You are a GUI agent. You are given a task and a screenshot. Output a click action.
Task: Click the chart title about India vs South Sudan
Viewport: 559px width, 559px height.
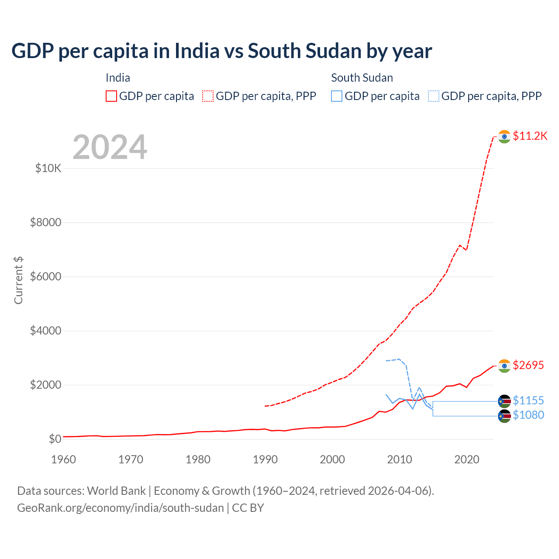(x=221, y=51)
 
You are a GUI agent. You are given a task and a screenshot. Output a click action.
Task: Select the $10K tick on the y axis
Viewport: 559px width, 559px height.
(x=48, y=168)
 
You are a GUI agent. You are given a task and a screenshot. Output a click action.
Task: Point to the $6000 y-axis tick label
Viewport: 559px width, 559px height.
(x=45, y=276)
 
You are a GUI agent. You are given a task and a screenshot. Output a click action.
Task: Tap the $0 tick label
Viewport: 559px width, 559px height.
(x=55, y=439)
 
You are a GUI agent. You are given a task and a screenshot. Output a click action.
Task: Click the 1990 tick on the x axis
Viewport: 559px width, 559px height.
(x=265, y=459)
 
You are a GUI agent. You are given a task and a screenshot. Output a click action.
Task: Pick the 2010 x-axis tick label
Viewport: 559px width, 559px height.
(x=400, y=459)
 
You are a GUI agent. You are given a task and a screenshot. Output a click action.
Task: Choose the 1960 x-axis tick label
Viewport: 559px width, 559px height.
(x=64, y=459)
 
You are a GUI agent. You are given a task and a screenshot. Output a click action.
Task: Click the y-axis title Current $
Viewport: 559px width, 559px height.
(x=18, y=280)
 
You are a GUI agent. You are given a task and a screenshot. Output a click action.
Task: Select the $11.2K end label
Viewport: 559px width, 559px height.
(x=530, y=136)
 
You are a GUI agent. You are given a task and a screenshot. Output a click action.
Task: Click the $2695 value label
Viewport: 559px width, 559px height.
(x=528, y=365)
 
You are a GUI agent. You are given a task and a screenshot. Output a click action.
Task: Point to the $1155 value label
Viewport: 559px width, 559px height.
(x=528, y=400)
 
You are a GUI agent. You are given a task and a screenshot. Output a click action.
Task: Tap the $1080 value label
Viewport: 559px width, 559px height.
(x=528, y=415)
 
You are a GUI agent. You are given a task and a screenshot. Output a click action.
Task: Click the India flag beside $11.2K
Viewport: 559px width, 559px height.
(x=504, y=137)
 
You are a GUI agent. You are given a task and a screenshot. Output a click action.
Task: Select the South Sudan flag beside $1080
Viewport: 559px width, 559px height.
(x=504, y=416)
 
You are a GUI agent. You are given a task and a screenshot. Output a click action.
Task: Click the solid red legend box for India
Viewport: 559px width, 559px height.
(x=111, y=96)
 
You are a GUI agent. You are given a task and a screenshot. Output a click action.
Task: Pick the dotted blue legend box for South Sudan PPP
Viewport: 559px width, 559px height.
(x=434, y=96)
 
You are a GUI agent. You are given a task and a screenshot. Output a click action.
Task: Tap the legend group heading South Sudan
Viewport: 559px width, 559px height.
(x=362, y=78)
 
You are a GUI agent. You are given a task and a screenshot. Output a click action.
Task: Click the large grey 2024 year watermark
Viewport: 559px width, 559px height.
(x=110, y=147)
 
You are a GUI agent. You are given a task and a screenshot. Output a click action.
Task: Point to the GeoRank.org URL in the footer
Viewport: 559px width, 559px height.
(x=120, y=508)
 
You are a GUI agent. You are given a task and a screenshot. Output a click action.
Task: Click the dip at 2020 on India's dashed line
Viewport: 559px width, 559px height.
(x=466, y=250)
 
